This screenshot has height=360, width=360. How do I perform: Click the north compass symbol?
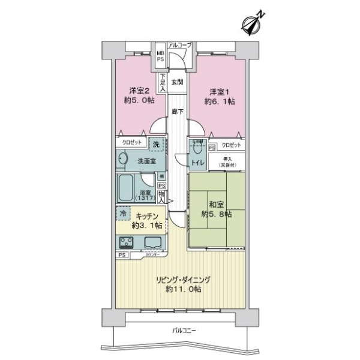(250, 22)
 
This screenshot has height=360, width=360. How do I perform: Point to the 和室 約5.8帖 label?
(218, 209)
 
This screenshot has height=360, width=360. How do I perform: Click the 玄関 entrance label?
(177, 82)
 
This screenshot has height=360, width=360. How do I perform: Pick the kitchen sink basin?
(151, 242)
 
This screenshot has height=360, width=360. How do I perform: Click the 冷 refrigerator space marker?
(123, 213)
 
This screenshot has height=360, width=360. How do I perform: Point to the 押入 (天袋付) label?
(230, 160)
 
